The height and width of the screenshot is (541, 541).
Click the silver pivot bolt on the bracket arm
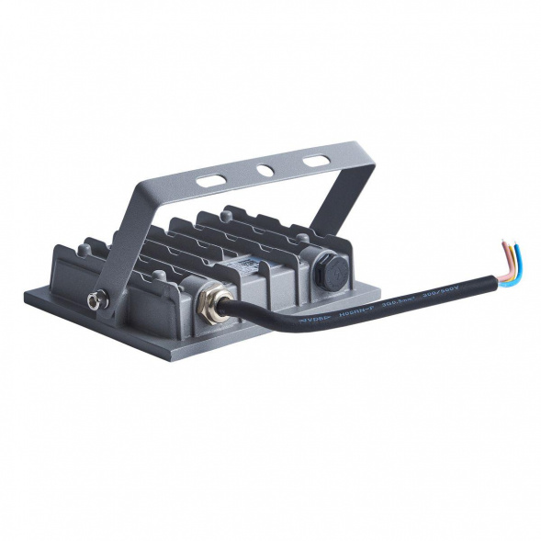click(x=95, y=299)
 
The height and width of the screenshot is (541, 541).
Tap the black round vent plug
click(x=327, y=271)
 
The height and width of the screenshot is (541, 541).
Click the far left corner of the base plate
click(x=28, y=296)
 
